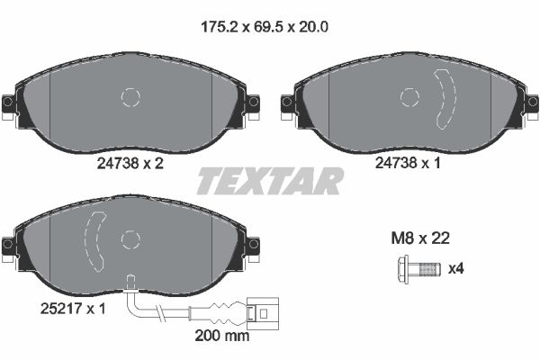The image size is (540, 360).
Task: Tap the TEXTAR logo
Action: pos(270,182)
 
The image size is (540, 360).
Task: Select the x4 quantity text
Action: pos(457,267)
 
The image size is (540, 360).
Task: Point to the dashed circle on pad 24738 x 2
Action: pos(132,98)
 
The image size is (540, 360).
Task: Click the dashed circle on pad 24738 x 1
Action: pos(410,98)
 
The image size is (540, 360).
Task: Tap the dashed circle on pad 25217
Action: pos(131,239)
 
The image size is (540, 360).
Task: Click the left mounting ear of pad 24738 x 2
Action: pos(11,104)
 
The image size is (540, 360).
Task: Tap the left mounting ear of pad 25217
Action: pos(11,245)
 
